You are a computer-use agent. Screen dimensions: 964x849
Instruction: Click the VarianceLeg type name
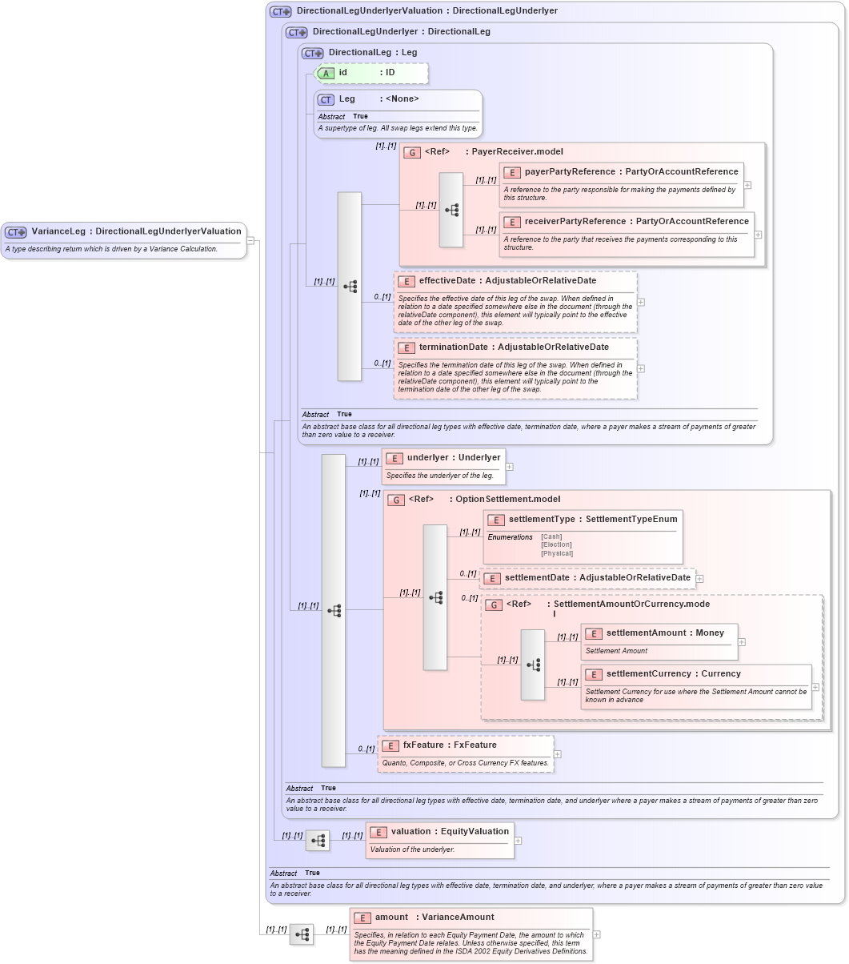click(58, 231)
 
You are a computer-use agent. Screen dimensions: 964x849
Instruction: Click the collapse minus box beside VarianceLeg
click(250, 239)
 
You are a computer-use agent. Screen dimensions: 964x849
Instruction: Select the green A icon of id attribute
click(326, 73)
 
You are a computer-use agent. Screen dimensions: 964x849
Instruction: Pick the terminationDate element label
click(453, 347)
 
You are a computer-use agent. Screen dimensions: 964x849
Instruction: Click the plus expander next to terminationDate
click(641, 368)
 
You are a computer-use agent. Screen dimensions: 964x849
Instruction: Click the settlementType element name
click(542, 520)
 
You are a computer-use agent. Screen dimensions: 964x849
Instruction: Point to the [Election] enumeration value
click(556, 544)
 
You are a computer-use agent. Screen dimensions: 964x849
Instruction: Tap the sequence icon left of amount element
click(302, 934)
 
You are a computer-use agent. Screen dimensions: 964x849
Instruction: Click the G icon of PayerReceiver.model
click(412, 152)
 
